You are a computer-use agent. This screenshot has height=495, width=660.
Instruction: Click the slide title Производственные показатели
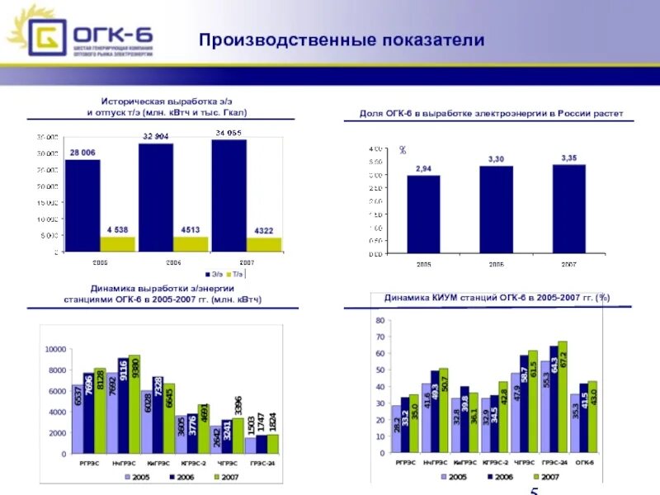point(341,40)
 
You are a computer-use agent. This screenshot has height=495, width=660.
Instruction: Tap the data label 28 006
point(82,153)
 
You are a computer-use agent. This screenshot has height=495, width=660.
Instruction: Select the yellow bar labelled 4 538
point(117,244)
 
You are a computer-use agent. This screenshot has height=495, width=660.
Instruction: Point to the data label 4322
point(263,230)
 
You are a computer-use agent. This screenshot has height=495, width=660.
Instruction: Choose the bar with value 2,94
point(423,214)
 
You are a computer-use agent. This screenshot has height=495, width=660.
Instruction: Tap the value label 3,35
point(568,157)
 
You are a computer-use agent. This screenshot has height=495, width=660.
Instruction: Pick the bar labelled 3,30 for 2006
point(496,210)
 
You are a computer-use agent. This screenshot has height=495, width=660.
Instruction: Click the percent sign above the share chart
point(403,150)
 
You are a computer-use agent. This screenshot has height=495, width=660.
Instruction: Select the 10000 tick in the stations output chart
point(54,349)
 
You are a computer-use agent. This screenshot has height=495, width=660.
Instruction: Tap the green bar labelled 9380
point(134,404)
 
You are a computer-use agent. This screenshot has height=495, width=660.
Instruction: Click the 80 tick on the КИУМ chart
point(380,319)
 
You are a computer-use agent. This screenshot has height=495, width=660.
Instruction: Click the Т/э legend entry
point(236,273)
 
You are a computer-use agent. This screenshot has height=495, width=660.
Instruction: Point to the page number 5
point(534,492)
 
